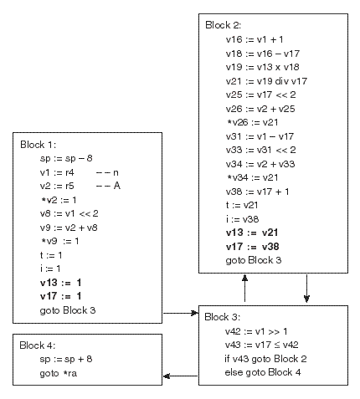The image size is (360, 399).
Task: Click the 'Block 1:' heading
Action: pyautogui.click(x=38, y=145)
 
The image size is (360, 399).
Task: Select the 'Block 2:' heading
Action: pyautogui.click(x=223, y=25)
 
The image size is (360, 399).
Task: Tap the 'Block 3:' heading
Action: pyautogui.click(x=222, y=317)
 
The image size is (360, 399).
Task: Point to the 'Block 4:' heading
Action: pyautogui.click(x=37, y=345)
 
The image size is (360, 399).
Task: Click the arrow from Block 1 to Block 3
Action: pyautogui.click(x=180, y=313)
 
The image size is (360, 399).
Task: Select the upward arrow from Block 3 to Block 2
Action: pyautogui.click(x=244, y=288)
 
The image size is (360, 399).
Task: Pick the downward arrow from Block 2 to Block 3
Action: pyautogui.click(x=306, y=289)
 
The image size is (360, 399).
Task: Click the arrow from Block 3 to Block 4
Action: pyautogui.click(x=180, y=376)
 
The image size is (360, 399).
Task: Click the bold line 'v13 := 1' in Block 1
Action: pyautogui.click(x=60, y=283)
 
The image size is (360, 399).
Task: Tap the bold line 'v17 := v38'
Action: pyautogui.click(x=252, y=247)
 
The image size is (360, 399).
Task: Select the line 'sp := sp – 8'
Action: pyautogui.click(x=66, y=158)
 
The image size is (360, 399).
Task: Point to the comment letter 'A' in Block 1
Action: pyautogui.click(x=117, y=186)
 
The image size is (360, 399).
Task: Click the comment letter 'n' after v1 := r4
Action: pyautogui.click(x=116, y=173)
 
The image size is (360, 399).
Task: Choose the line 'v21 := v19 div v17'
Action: pyautogui.click(x=266, y=81)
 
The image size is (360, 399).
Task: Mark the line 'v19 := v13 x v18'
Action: pyautogui.click(x=263, y=67)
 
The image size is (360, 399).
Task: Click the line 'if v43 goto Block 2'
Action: pyautogui.click(x=265, y=359)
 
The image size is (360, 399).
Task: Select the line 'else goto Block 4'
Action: pyautogui.click(x=263, y=372)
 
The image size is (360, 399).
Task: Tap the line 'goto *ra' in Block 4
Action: pyautogui.click(x=59, y=373)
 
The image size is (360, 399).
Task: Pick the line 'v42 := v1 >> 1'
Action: pyautogui.click(x=256, y=331)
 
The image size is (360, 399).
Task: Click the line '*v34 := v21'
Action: pyautogui.click(x=252, y=177)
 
